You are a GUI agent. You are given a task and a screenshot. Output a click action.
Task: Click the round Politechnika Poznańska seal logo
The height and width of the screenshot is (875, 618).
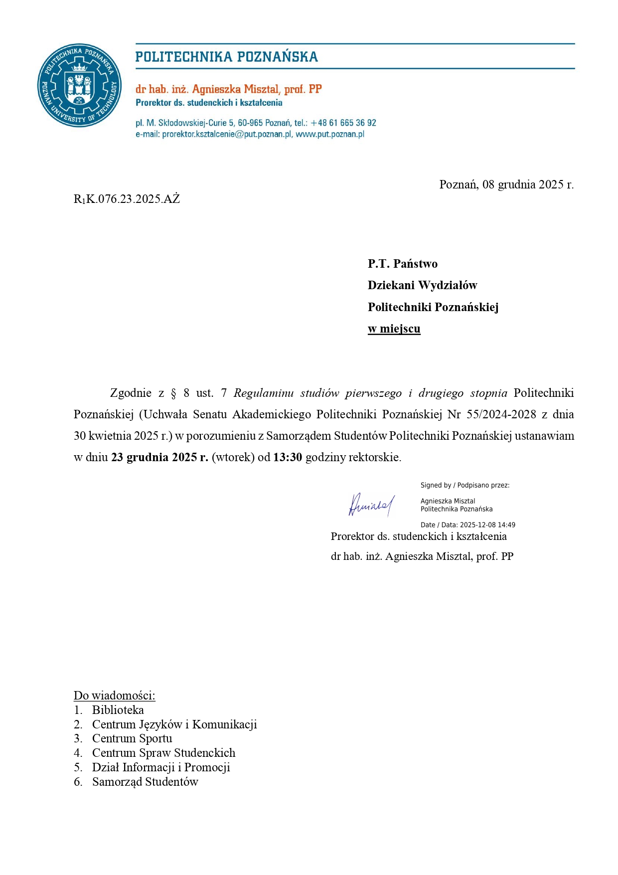tap(79, 85)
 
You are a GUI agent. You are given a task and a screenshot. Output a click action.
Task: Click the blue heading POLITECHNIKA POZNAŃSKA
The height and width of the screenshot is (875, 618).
tap(226, 57)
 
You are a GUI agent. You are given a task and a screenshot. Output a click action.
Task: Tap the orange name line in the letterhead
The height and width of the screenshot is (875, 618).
tap(228, 89)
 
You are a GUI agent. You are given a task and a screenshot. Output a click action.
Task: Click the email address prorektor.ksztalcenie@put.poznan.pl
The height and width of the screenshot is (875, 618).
tap(227, 135)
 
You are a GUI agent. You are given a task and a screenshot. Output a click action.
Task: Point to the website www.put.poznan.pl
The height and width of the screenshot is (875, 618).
tap(330, 135)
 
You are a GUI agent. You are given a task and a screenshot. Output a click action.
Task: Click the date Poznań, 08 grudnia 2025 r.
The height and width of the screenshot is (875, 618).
tap(506, 185)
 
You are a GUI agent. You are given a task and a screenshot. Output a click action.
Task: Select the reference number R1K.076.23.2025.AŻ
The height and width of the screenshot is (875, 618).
tap(127, 199)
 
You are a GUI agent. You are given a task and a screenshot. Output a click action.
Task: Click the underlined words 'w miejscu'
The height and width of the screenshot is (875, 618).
tap(394, 329)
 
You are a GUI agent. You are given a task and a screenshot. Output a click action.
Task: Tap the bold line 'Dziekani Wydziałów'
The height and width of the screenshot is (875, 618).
tap(422, 286)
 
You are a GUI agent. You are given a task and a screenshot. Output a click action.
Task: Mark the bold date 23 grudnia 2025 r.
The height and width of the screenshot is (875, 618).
tap(159, 458)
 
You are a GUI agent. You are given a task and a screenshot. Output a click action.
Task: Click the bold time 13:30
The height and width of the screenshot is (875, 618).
tap(288, 458)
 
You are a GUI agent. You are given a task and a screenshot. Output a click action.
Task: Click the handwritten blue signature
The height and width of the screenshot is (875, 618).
tap(371, 505)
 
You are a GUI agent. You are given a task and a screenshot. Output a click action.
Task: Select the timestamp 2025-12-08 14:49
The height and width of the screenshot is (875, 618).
tap(487, 525)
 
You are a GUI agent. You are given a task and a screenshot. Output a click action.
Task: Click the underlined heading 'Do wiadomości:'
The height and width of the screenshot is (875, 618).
tap(114, 696)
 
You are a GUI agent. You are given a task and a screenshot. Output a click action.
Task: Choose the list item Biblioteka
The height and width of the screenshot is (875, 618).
tap(118, 710)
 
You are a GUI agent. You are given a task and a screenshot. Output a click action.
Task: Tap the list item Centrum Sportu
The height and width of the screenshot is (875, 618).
tap(132, 739)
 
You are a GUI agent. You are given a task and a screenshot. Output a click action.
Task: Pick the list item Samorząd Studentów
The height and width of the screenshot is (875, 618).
tap(145, 782)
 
